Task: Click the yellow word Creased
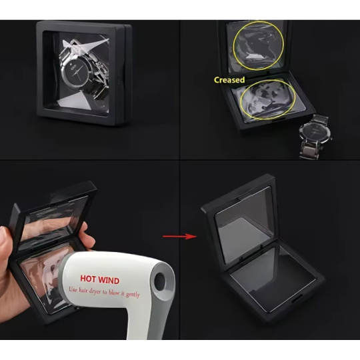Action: (229, 80)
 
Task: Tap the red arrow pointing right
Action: (180, 236)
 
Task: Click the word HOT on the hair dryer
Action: (88, 279)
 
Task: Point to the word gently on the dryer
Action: (133, 295)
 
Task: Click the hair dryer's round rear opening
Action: (160, 281)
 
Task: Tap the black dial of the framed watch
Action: (76, 71)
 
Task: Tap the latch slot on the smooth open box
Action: (297, 300)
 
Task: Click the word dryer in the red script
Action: (95, 291)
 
